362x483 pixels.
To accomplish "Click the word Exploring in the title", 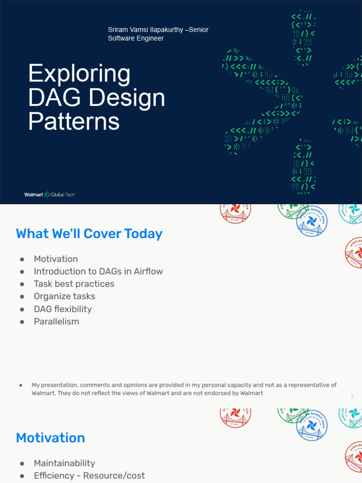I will pos(79,75).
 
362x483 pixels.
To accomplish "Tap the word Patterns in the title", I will pos(74,122).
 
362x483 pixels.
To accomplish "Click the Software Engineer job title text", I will pos(136,38).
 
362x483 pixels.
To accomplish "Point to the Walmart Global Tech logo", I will pos(49,194).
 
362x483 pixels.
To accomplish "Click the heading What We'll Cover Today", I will pos(89,234).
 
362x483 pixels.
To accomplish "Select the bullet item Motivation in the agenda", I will pos(56,259).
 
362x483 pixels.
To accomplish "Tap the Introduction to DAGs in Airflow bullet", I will pos(98,271).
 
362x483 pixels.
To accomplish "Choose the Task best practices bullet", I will pos(74,284).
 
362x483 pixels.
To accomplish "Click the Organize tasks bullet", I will pos(64,296).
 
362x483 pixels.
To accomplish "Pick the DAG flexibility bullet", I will pos(63,309).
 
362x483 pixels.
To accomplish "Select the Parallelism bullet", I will pos(57,322).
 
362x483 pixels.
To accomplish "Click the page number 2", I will pos(352,397).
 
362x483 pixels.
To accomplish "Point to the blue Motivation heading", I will pos(50,438).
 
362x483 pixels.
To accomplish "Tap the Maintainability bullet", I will pos(64,463).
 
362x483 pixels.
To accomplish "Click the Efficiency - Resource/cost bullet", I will pos(89,475).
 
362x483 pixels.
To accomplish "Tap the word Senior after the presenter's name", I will pos(198,30).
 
